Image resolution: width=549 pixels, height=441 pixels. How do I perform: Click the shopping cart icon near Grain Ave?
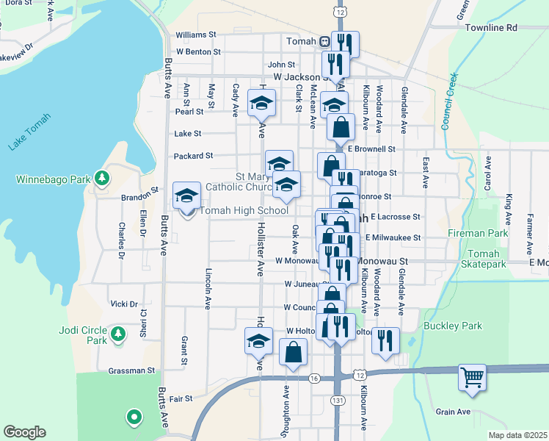tap(473, 377)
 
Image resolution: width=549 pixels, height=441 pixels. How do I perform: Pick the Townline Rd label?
tap(491, 27)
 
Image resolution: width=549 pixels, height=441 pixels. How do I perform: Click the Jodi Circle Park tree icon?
tap(117, 335)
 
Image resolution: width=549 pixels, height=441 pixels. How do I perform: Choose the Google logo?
tap(24, 432)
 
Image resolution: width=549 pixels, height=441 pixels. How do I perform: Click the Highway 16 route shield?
tap(314, 378)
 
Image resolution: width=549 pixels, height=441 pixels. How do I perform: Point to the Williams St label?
tap(196, 35)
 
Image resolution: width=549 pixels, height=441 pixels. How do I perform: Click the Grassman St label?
tap(131, 371)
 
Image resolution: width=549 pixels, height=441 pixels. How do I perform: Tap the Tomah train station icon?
tap(323, 41)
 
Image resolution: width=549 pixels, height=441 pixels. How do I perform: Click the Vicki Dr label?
tap(124, 304)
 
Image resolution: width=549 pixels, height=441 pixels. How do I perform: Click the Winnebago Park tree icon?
tap(102, 178)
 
